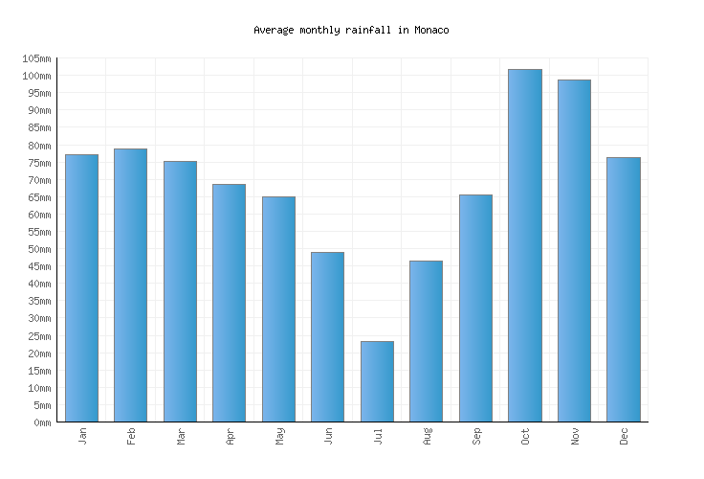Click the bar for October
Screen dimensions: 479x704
click(524, 245)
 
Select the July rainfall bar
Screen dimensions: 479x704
click(377, 381)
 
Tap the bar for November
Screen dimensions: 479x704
click(574, 251)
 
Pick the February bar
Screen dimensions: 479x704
click(130, 285)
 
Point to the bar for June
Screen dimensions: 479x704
click(327, 337)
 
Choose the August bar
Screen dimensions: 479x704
click(426, 341)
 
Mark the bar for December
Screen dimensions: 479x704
click(623, 289)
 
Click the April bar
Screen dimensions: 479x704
click(229, 303)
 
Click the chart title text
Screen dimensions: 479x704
click(351, 30)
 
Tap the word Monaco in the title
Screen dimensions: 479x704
click(431, 30)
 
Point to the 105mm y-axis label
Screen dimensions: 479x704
click(35, 58)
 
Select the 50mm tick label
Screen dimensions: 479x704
click(38, 249)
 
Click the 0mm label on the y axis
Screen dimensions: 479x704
click(41, 422)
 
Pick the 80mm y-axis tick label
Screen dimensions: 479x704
click(38, 146)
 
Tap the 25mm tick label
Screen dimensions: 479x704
click(38, 336)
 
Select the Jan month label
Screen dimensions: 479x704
click(82, 436)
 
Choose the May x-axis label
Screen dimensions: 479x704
click(279, 436)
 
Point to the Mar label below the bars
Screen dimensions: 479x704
click(181, 436)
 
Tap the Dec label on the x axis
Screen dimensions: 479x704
click(624, 436)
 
